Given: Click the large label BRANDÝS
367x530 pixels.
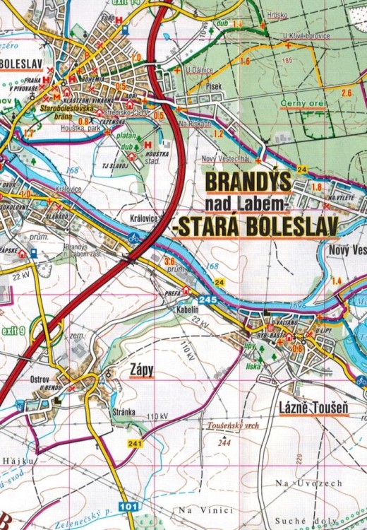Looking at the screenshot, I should coord(247,184).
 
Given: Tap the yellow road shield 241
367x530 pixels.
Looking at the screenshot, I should coord(136,443).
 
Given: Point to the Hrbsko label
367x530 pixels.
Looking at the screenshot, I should coord(277,15).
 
